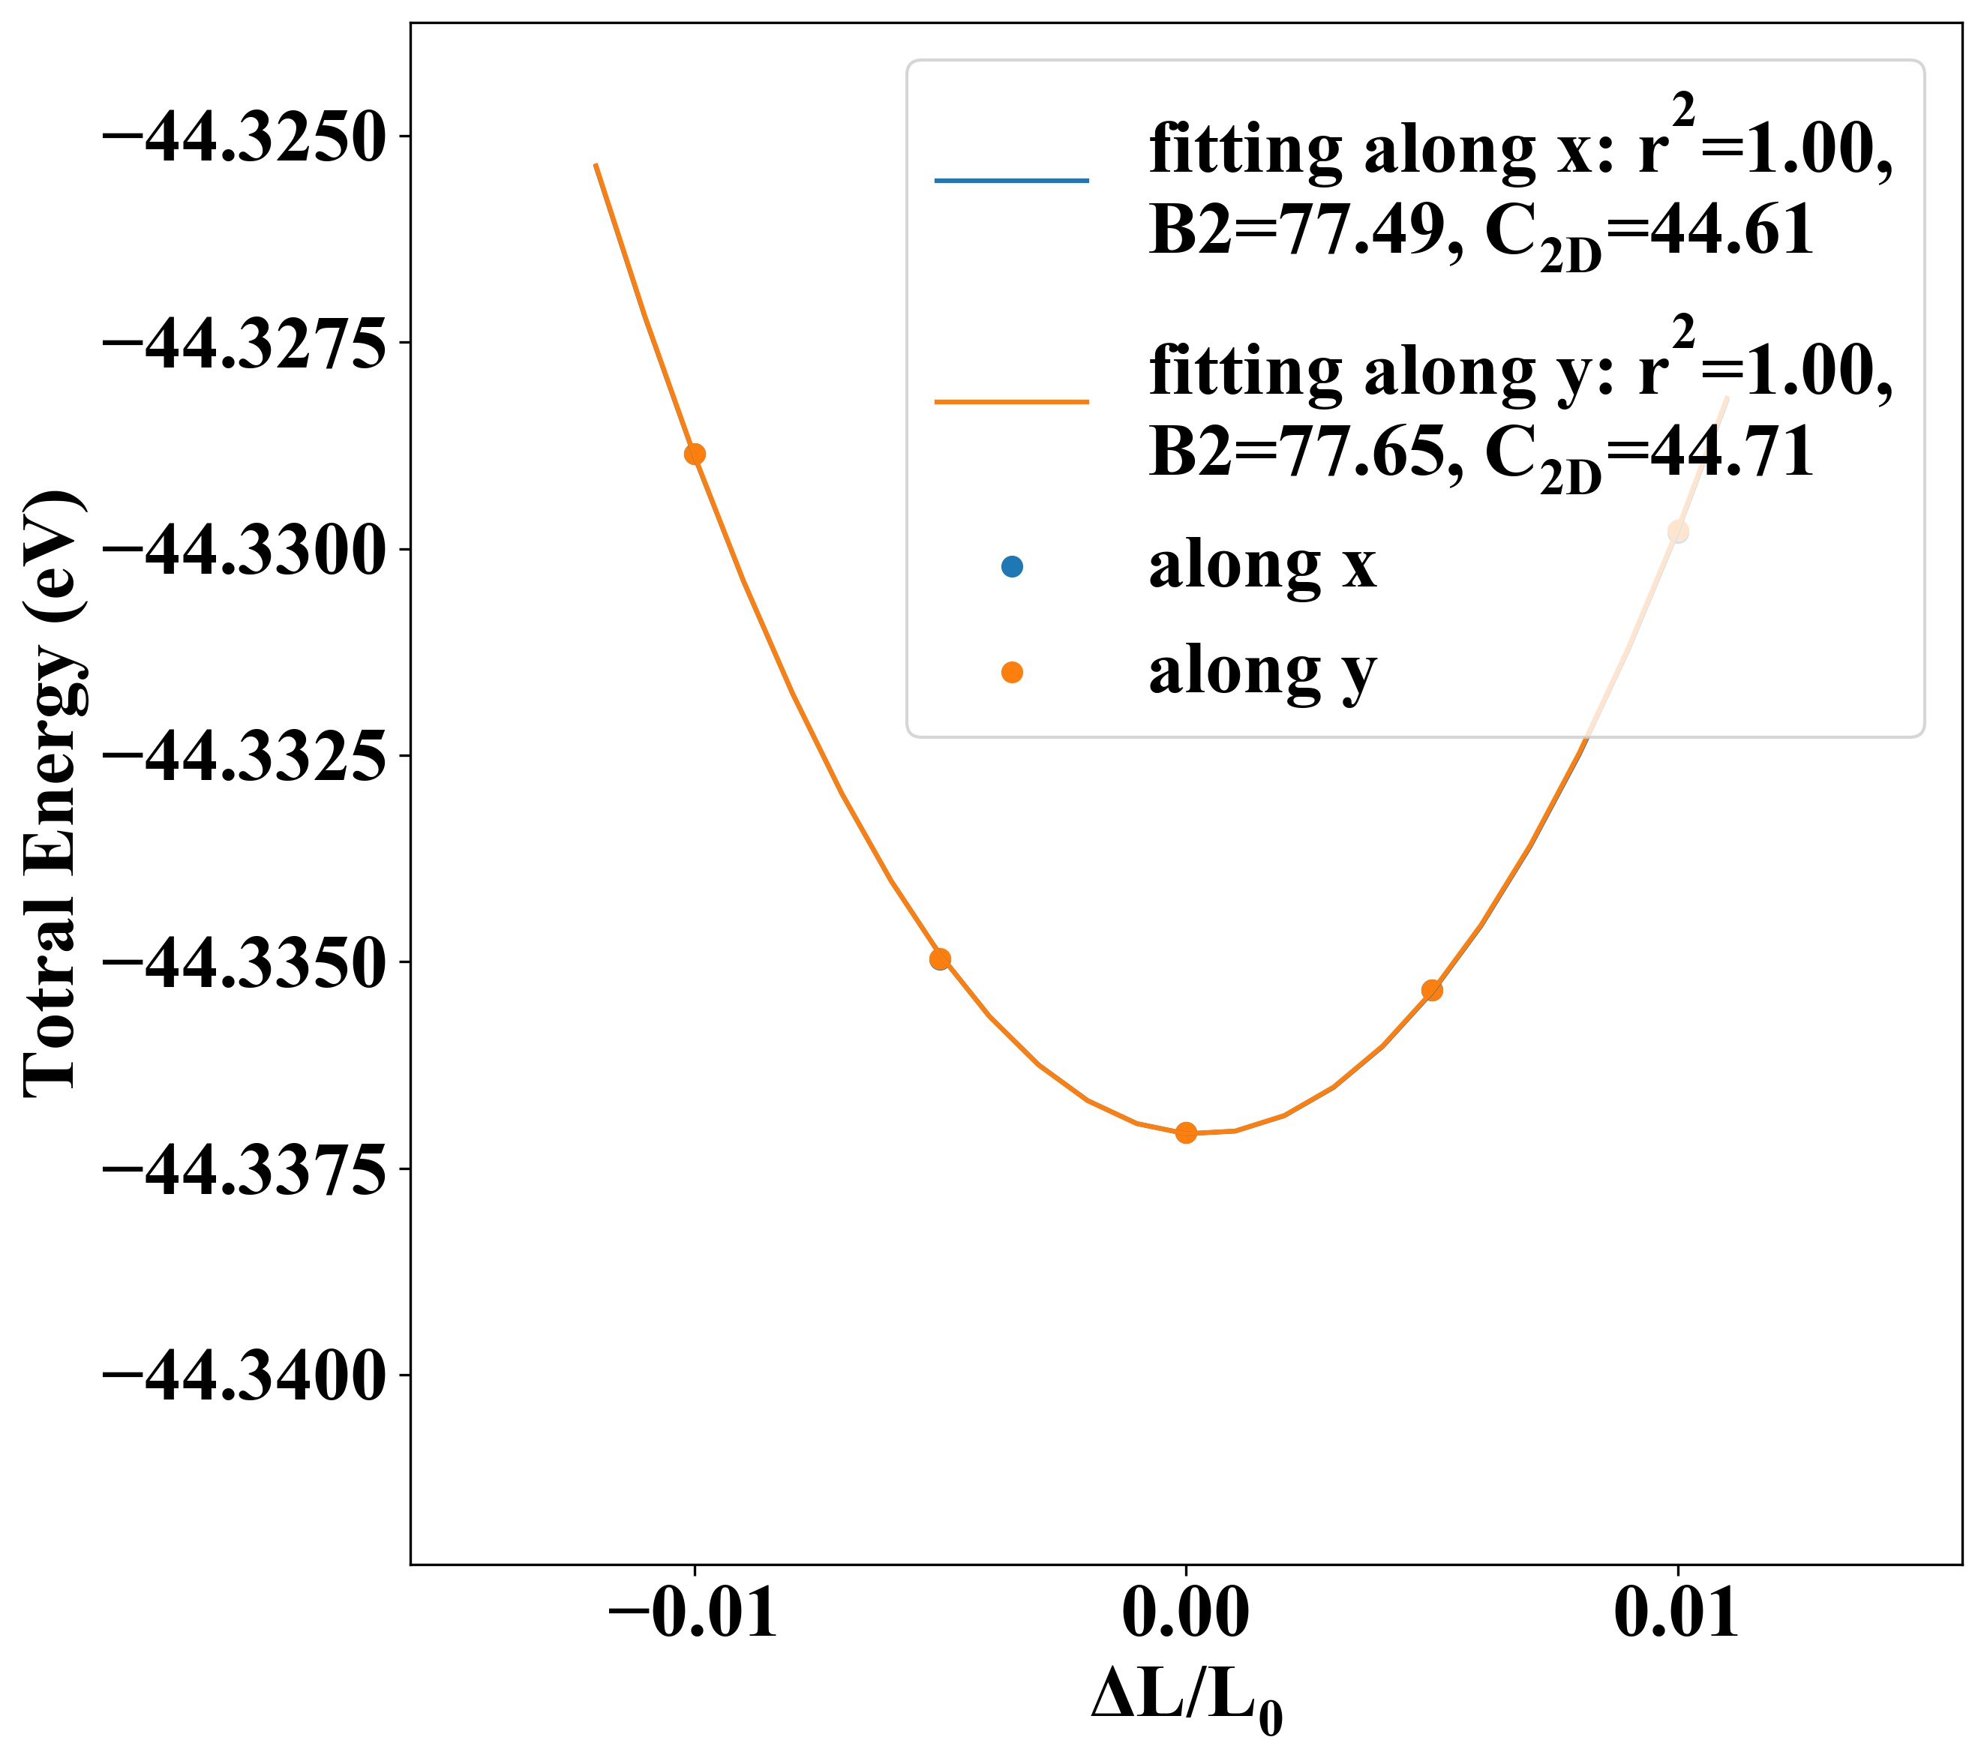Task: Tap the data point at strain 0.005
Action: pyautogui.click(x=1432, y=990)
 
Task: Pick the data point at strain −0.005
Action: pyautogui.click(x=941, y=959)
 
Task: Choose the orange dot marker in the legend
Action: pyautogui.click(x=1013, y=672)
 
